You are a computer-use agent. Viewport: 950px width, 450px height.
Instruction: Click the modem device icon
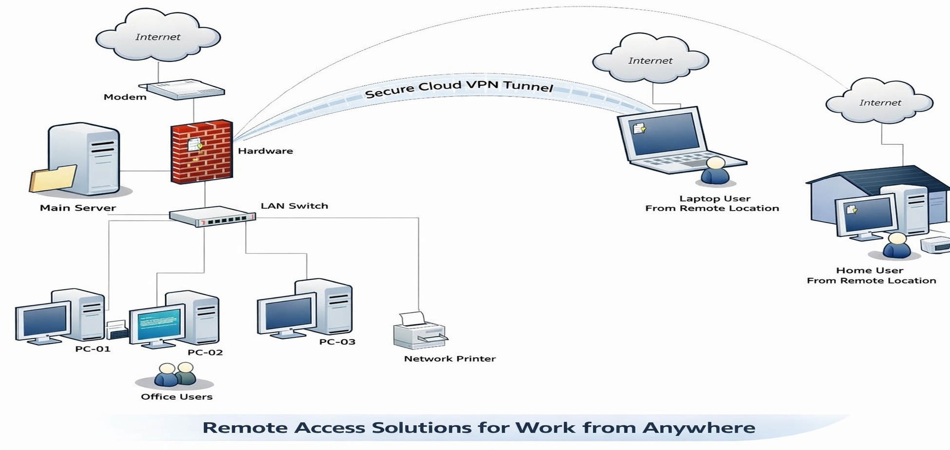click(186, 89)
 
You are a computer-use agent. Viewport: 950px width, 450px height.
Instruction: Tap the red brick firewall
click(202, 152)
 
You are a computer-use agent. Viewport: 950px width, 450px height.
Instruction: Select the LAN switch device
click(212, 217)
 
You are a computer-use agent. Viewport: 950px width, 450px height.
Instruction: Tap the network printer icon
click(418, 331)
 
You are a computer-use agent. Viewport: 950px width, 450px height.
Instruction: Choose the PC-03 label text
click(337, 342)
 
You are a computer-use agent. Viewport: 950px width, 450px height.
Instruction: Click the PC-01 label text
click(93, 349)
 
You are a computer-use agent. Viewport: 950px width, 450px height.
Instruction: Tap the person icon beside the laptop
click(715, 171)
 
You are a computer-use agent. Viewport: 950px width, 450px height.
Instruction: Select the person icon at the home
click(896, 246)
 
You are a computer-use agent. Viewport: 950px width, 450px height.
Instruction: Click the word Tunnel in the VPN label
click(528, 86)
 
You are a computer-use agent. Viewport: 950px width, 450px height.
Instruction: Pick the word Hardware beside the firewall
click(266, 151)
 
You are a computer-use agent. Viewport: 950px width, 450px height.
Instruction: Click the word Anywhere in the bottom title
click(699, 428)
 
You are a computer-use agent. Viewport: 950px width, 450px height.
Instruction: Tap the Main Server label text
click(78, 208)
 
